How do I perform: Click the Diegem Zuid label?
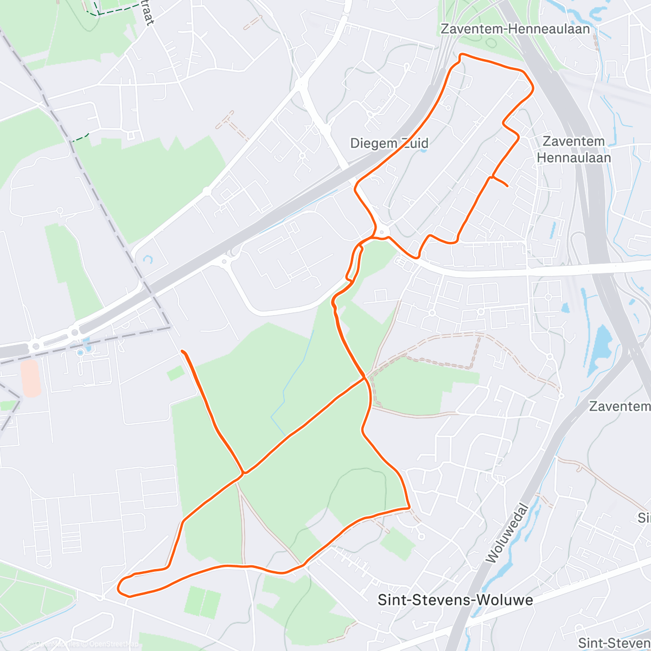(x=389, y=143)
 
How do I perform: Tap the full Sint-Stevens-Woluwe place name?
(x=455, y=599)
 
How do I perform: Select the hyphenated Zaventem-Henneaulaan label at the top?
(x=515, y=29)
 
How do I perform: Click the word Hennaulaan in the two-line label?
(x=573, y=158)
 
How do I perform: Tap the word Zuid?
(x=415, y=143)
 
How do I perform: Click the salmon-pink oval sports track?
(x=30, y=378)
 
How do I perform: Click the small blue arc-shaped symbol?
(x=147, y=259)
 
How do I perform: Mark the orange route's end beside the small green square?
(x=182, y=352)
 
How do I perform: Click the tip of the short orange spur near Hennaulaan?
(x=507, y=186)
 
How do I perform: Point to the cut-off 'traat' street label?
(x=147, y=14)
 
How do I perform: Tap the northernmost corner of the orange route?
(x=462, y=54)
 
